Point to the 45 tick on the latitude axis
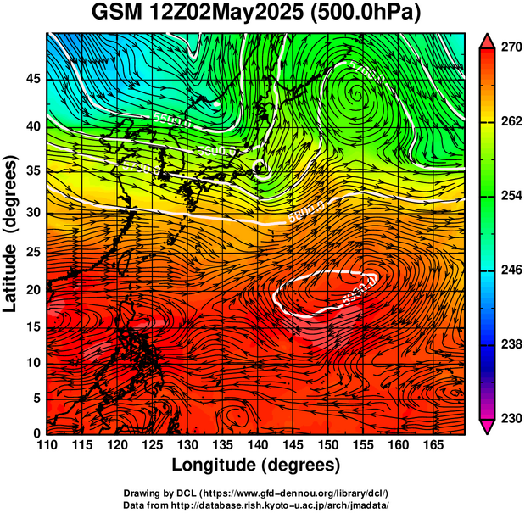click(33, 78)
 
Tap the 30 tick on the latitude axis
click(33, 212)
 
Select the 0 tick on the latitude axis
click(37, 433)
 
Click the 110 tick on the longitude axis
click(47, 445)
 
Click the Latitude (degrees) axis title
click(13, 233)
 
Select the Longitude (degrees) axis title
click(256, 465)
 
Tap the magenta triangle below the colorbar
click(487, 427)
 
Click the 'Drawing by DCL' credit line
click(256, 492)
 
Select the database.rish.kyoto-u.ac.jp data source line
click(256, 504)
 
